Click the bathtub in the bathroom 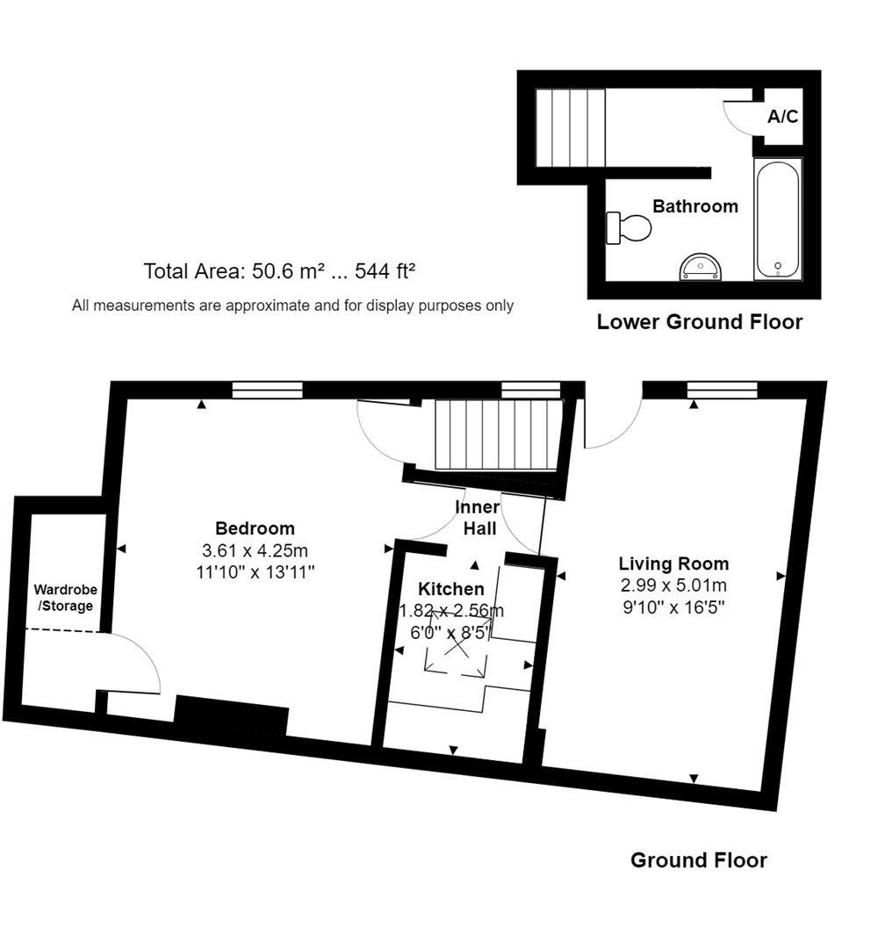pos(778,219)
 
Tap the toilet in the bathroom pos(630,228)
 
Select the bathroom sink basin pos(702,267)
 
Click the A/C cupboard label pos(782,116)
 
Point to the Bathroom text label pos(695,206)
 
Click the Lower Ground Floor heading pos(699,322)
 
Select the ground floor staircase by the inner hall pos(498,435)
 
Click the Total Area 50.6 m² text pos(279,271)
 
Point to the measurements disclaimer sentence pos(292,305)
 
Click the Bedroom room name pos(255,528)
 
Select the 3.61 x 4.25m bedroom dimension pos(255,550)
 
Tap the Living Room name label pos(673,564)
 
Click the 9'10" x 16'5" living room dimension pos(673,606)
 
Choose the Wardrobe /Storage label pos(65,597)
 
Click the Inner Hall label pos(478,518)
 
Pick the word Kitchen pos(450,589)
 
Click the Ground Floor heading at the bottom pos(698,860)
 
